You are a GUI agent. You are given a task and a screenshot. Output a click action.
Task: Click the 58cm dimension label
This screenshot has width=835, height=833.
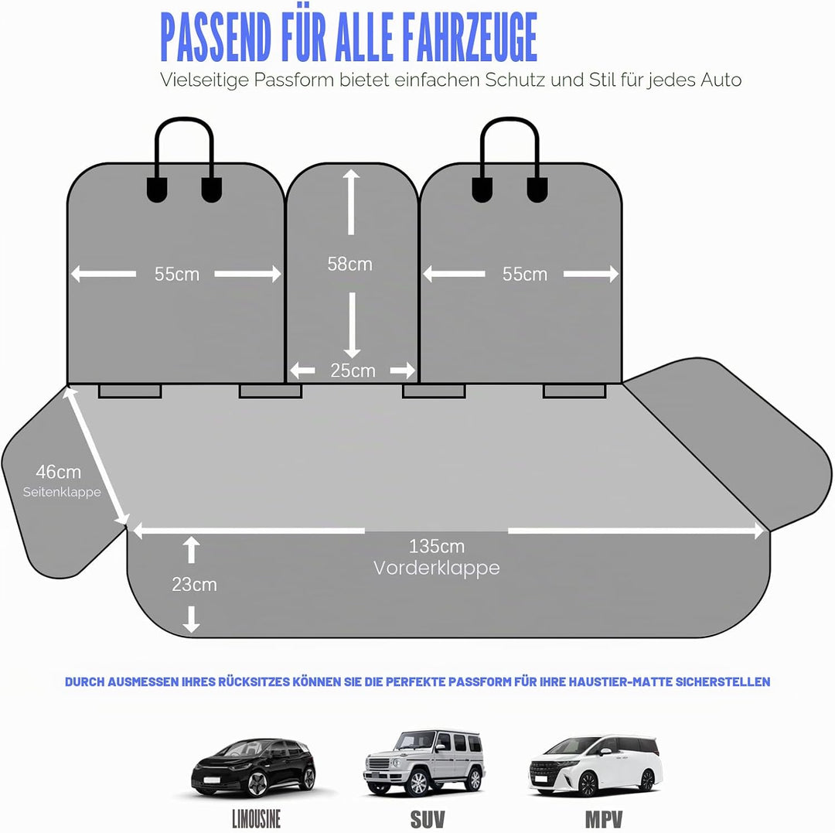tap(350, 264)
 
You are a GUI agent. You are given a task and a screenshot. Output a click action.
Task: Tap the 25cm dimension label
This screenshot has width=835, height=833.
tap(353, 370)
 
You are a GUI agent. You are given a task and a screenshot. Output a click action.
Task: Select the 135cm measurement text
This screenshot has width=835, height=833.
tap(437, 546)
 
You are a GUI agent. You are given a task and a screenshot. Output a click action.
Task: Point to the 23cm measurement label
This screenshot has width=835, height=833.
tap(194, 584)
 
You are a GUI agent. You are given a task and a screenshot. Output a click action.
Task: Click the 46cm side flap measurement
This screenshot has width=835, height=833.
tap(59, 472)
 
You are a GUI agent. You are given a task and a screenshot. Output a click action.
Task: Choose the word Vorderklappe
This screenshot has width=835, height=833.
tap(437, 568)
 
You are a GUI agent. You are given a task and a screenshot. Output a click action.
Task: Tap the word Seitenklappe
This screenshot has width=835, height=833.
tap(62, 492)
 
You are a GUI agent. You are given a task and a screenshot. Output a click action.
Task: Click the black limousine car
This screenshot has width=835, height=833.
tap(254, 767)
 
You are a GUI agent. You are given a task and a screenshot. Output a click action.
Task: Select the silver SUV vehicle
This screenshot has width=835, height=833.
tap(424, 763)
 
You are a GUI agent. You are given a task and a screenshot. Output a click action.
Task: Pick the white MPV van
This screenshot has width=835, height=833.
tap(596, 766)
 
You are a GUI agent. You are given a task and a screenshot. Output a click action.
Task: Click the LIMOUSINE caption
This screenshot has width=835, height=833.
tap(256, 818)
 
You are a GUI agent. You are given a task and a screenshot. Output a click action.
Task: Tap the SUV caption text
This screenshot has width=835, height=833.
tap(427, 819)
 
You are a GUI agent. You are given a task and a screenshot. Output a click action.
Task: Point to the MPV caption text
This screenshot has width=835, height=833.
tap(604, 819)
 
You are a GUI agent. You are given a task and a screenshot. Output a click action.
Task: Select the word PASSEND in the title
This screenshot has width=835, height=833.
tap(216, 38)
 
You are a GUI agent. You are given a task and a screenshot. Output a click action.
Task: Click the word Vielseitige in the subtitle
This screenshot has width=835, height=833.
tap(203, 80)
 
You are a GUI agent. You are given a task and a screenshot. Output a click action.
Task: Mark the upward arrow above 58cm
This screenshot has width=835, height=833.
tap(351, 202)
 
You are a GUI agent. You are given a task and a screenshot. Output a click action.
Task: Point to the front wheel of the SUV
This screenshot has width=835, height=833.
tap(418, 782)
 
